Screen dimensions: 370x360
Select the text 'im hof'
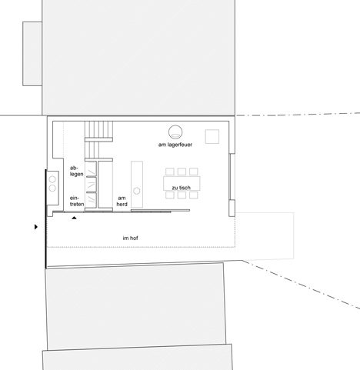(x=133, y=238)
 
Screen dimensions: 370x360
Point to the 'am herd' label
(x=122, y=201)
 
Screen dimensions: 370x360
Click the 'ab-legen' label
(x=75, y=172)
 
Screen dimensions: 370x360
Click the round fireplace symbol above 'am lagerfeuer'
(x=176, y=130)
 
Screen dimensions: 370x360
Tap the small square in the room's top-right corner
(x=215, y=135)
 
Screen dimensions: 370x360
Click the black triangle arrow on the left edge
(x=35, y=227)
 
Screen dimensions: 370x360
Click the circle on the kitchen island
(x=138, y=189)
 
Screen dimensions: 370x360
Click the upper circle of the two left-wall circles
(x=52, y=179)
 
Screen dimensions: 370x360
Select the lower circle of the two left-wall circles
(x=52, y=188)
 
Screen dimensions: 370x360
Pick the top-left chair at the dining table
(x=168, y=172)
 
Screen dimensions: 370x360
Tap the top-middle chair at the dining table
(x=181, y=172)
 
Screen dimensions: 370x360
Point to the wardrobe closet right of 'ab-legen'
(x=92, y=183)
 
